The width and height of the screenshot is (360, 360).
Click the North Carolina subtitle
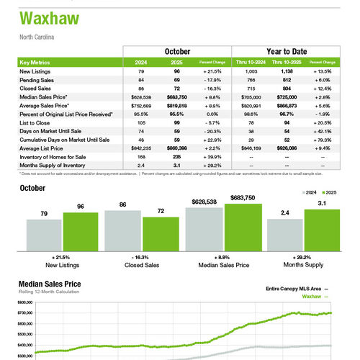[x=37, y=37]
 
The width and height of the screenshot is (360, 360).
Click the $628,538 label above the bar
[x=203, y=202]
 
